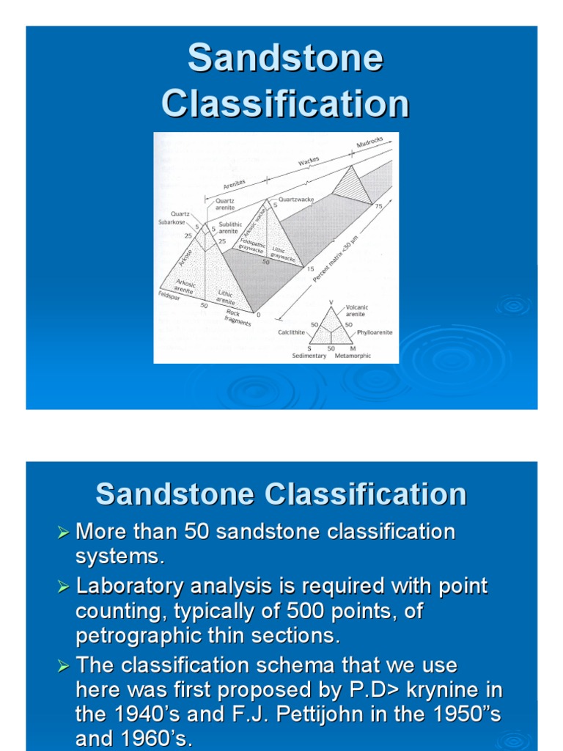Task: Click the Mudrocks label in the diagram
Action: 369,142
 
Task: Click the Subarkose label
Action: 174,221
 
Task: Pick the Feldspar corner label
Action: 169,295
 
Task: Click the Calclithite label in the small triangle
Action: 291,332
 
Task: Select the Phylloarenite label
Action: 374,332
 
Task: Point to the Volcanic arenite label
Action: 357,311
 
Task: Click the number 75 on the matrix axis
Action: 379,207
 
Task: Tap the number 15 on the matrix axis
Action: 310,269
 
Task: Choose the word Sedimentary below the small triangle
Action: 309,356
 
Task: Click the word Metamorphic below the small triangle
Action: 353,356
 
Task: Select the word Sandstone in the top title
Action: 285,59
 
